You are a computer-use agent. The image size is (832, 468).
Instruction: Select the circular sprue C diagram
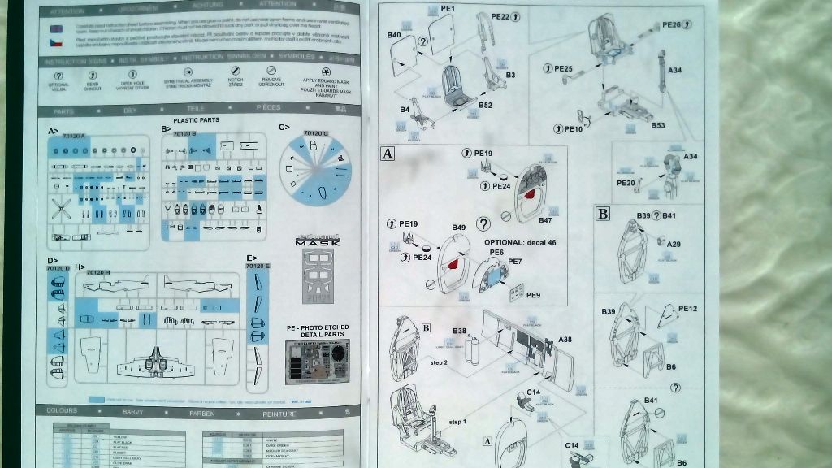317,170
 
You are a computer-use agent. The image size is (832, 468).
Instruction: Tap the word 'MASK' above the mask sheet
317,243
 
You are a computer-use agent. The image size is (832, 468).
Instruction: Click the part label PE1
447,9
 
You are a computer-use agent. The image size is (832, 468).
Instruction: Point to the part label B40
395,36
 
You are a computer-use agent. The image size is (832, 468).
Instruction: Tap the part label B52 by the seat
485,106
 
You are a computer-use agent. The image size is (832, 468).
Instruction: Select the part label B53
658,125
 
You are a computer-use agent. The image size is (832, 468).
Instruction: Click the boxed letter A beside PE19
388,154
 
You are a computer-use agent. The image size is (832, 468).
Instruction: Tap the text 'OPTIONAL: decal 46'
525,242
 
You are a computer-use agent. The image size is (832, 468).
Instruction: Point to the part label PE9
533,295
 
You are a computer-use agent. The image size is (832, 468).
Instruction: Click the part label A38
565,340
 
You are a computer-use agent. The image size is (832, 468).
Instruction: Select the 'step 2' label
440,361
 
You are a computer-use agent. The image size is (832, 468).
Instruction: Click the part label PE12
687,309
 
